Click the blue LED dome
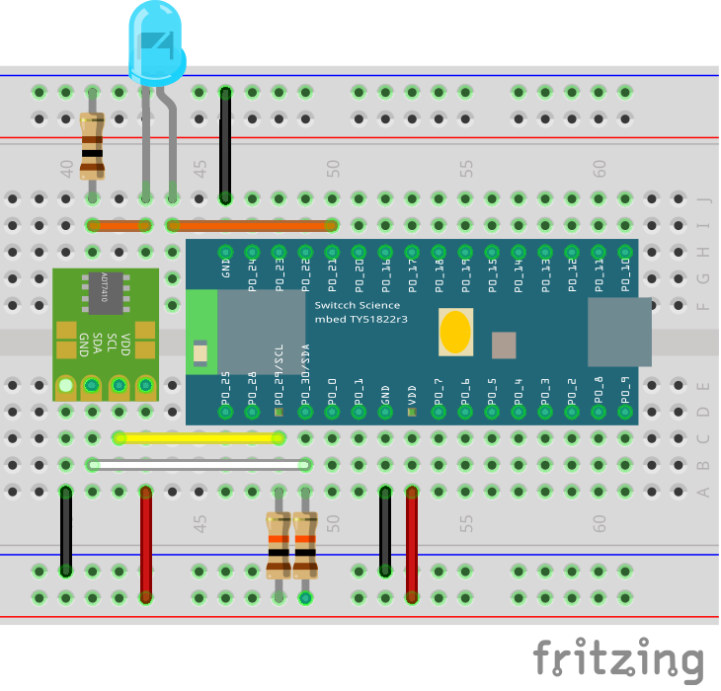(x=157, y=44)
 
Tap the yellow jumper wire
(x=198, y=437)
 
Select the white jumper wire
(x=198, y=464)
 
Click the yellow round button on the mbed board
(x=454, y=333)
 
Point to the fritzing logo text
(x=618, y=658)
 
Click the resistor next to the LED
(x=92, y=145)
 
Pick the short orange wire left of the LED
(x=119, y=225)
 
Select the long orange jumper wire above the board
(x=252, y=225)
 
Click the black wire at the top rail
(x=225, y=145)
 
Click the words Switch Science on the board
(x=358, y=305)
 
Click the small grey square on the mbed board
(x=504, y=345)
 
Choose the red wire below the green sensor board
(x=146, y=543)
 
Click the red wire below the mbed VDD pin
(x=412, y=543)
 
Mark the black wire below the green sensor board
(x=66, y=530)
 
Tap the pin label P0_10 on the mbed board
(x=624, y=270)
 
